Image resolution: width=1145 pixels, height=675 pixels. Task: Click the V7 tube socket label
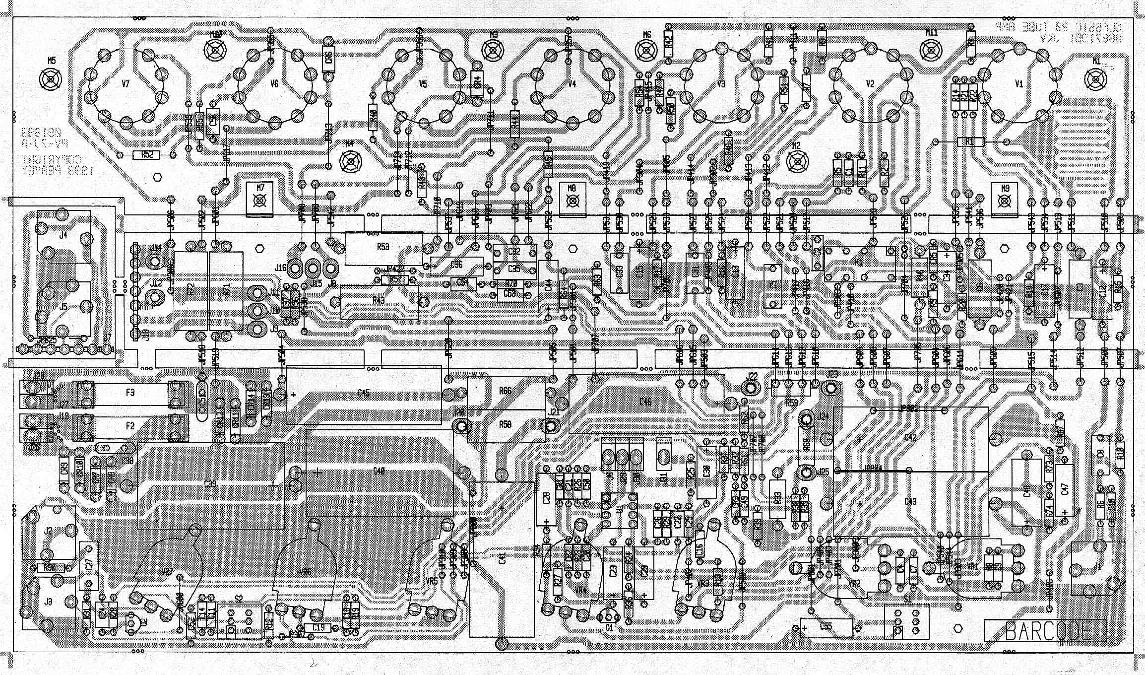point(125,84)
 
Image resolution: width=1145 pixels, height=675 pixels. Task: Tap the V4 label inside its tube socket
point(572,84)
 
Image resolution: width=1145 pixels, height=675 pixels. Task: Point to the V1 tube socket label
point(1019,84)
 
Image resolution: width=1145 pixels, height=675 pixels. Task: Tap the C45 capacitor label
point(363,393)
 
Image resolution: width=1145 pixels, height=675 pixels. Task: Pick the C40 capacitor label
point(379,471)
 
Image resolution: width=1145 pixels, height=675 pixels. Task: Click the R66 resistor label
point(505,391)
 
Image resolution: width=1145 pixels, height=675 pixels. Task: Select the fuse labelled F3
point(130,393)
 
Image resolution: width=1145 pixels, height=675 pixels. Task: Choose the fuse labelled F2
point(130,426)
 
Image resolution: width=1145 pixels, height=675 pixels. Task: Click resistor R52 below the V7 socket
point(147,155)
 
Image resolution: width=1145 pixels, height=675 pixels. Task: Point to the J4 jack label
point(63,235)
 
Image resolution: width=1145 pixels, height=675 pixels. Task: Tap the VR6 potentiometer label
point(306,572)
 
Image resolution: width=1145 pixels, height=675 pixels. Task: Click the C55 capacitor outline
point(826,627)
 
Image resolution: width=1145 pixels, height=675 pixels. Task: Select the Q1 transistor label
point(609,627)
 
